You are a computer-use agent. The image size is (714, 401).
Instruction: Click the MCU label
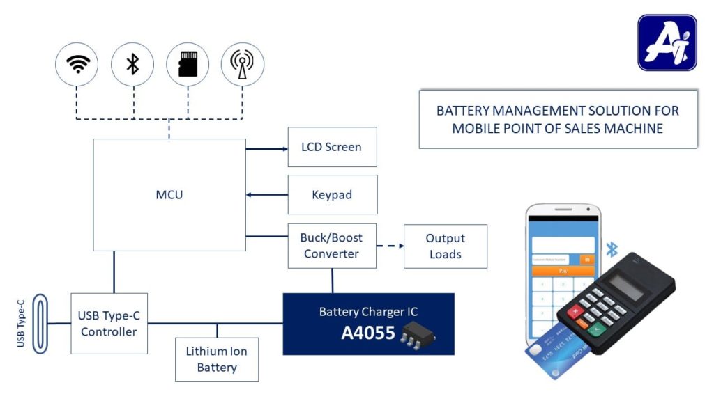point(169,195)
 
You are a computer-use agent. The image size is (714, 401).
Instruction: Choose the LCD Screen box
point(332,147)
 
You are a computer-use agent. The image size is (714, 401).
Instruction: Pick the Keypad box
point(332,195)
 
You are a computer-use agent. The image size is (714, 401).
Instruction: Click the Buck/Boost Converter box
point(332,246)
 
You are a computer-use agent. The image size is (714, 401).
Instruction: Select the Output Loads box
point(445,246)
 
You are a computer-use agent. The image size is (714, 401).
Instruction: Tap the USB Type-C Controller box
point(109,324)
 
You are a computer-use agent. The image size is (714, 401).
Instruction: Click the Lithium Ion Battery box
point(216,359)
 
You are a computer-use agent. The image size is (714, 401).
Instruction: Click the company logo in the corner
point(667,42)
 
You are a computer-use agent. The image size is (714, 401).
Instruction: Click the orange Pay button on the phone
point(563,270)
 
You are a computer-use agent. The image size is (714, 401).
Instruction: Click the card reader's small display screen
point(625,284)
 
